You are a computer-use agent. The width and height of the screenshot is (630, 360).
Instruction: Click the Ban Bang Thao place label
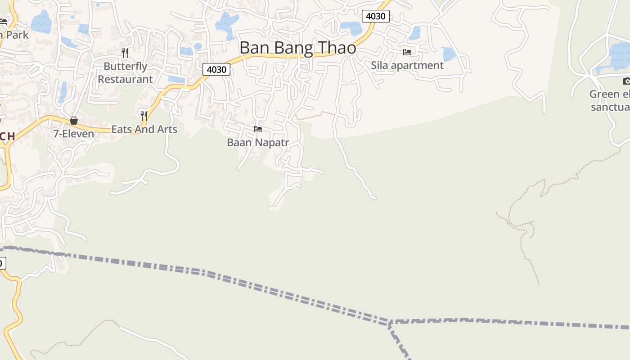(297, 48)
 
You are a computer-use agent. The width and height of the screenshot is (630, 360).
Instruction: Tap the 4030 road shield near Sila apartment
(375, 16)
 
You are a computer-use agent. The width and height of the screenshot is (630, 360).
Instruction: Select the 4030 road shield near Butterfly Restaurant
(216, 69)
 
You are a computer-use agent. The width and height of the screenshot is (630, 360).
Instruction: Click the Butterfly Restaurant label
(126, 72)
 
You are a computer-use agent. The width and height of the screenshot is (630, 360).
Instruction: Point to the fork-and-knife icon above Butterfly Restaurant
(125, 53)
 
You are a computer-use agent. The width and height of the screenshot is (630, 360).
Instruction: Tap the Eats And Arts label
(144, 129)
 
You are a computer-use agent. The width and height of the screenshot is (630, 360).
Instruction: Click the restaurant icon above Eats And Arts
(144, 116)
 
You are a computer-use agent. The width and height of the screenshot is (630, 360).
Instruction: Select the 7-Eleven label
(73, 134)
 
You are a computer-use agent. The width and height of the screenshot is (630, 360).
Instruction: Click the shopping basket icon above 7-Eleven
(74, 121)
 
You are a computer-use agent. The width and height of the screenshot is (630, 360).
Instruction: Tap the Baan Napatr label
(257, 143)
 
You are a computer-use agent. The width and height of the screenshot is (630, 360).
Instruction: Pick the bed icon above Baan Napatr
(257, 129)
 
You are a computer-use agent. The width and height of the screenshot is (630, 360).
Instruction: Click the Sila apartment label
(407, 65)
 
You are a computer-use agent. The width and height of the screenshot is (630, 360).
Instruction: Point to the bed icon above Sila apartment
(407, 52)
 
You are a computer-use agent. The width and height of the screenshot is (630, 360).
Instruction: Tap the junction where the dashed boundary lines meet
(390, 322)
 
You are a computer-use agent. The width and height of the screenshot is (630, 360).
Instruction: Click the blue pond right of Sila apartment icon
(448, 54)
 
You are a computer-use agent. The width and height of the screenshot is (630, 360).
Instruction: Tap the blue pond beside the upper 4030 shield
(351, 27)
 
